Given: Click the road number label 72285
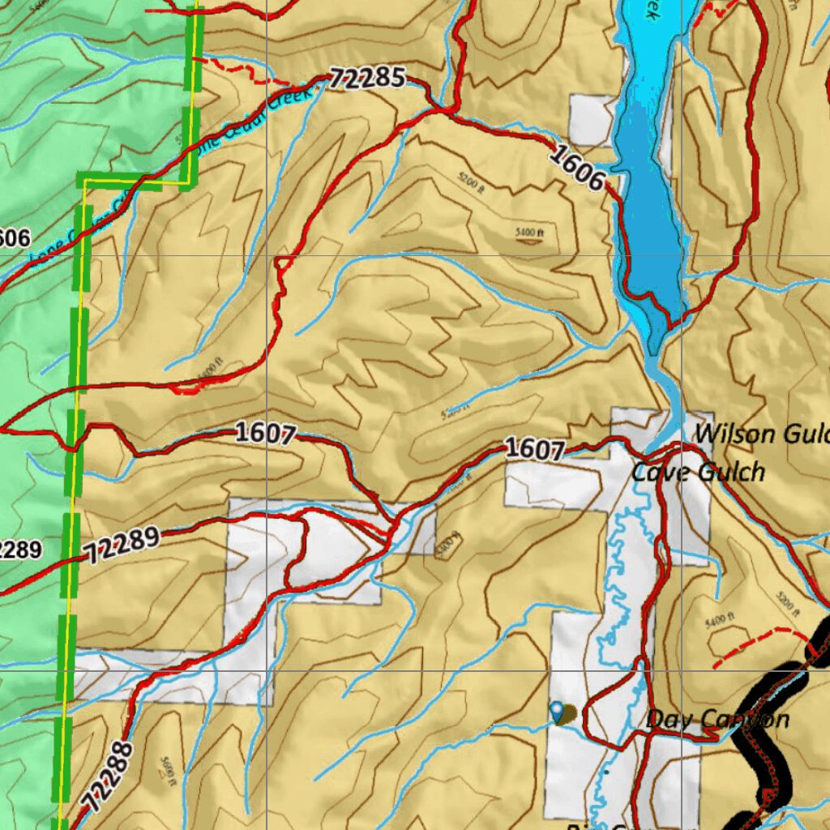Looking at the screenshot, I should pyautogui.click(x=368, y=79).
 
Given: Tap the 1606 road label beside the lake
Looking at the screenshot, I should pyautogui.click(x=578, y=166).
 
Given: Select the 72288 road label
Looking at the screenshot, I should pyautogui.click(x=106, y=777).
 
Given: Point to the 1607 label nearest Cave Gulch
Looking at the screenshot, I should pyautogui.click(x=533, y=448).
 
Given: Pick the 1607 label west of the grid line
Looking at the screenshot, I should pyautogui.click(x=264, y=434).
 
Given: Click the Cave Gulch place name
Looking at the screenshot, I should pyautogui.click(x=698, y=472).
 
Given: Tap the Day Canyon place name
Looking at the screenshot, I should pyautogui.click(x=717, y=719).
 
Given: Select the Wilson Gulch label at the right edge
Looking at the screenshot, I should pyautogui.click(x=762, y=434).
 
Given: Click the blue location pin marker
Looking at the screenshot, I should pyautogui.click(x=556, y=711).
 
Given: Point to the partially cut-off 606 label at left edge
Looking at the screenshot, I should pyautogui.click(x=15, y=237).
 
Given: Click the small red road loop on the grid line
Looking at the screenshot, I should pyautogui.click(x=283, y=263).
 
